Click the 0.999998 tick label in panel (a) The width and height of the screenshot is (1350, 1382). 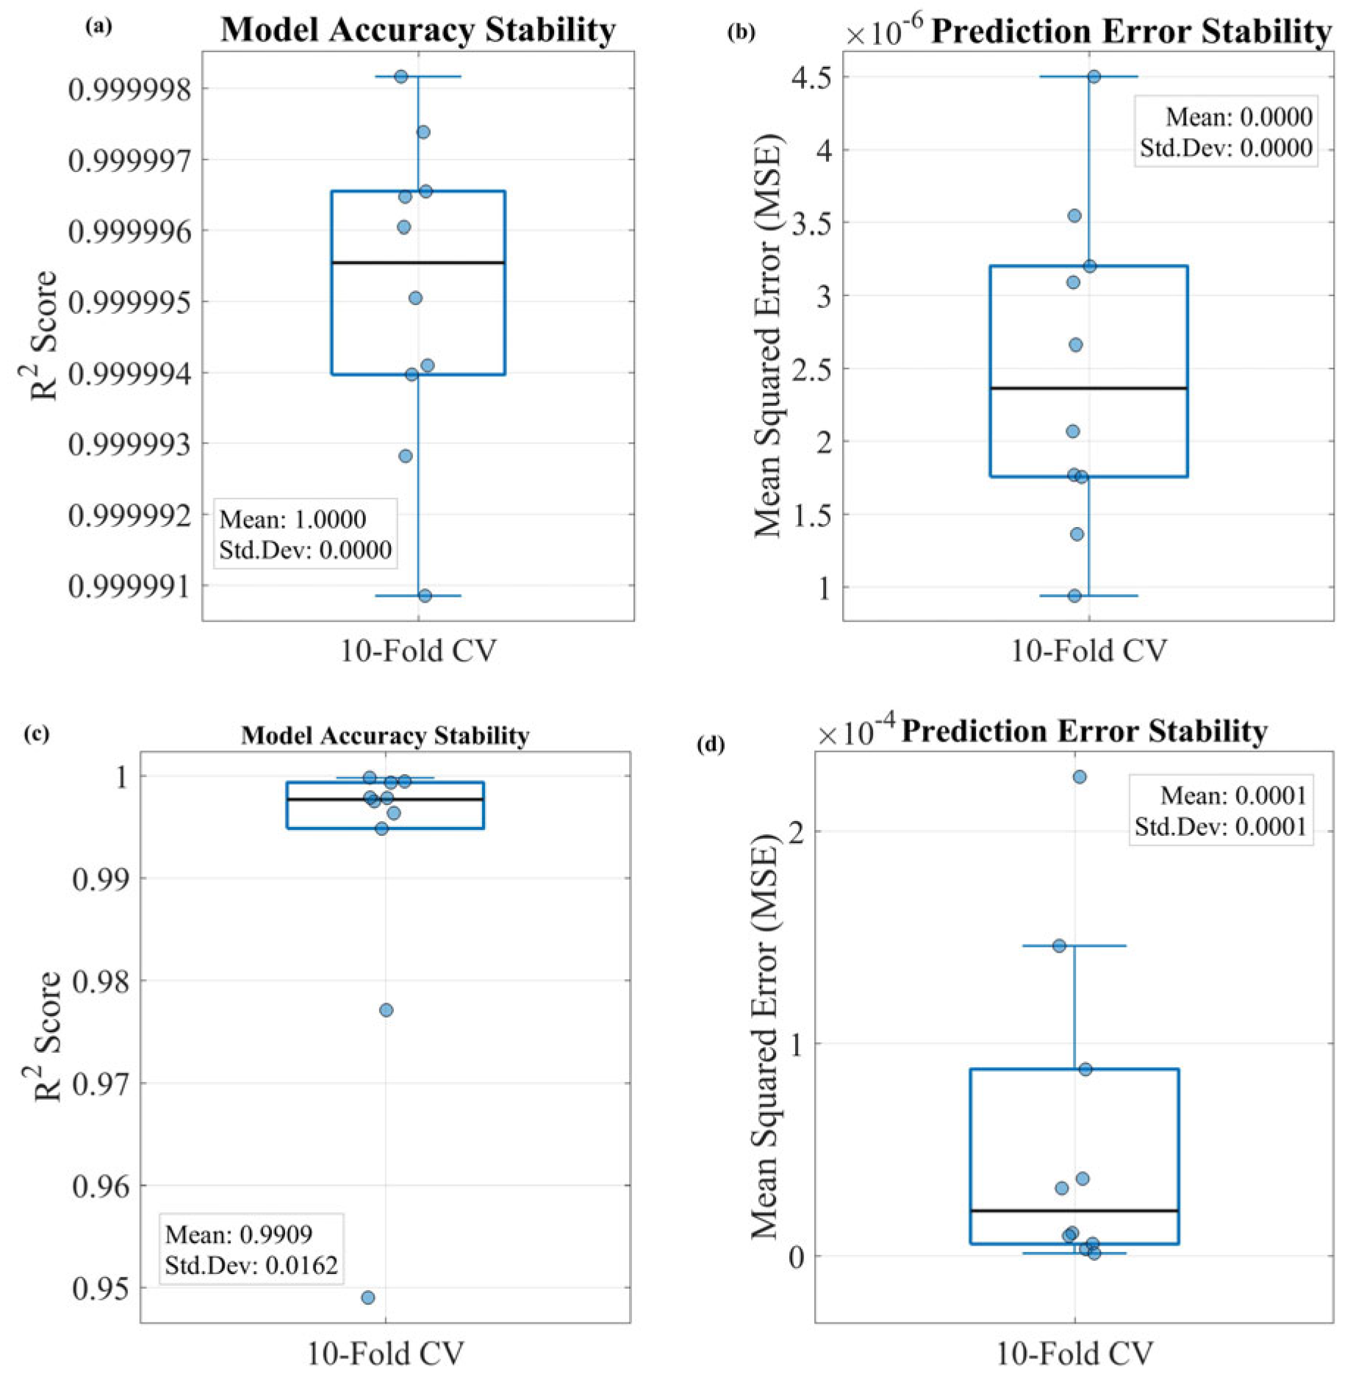pyautogui.click(x=129, y=89)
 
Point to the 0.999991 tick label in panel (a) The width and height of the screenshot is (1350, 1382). pyautogui.click(x=129, y=586)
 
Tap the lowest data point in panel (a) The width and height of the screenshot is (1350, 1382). pyautogui.click(x=425, y=595)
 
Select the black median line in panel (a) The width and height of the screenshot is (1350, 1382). pyautogui.click(x=418, y=262)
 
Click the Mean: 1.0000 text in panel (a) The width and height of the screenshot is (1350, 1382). pyautogui.click(x=292, y=519)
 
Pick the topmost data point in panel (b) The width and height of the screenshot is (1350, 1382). pyautogui.click(x=1094, y=76)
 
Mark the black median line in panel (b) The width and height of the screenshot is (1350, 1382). pyautogui.click(x=1089, y=387)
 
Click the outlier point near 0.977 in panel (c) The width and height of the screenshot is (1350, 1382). pyautogui.click(x=386, y=1010)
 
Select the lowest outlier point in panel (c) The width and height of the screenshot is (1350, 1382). pyautogui.click(x=368, y=1297)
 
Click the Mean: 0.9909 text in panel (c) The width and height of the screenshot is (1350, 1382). pyautogui.click(x=239, y=1234)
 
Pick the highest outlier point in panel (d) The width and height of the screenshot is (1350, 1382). pyautogui.click(x=1080, y=776)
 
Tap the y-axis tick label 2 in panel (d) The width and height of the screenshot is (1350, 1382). pyautogui.click(x=797, y=831)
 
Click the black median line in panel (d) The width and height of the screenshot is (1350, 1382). pyautogui.click(x=1074, y=1210)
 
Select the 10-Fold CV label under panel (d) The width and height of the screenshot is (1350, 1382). pyautogui.click(x=1074, y=1353)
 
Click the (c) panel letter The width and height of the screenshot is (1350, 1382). pyautogui.click(x=37, y=734)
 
